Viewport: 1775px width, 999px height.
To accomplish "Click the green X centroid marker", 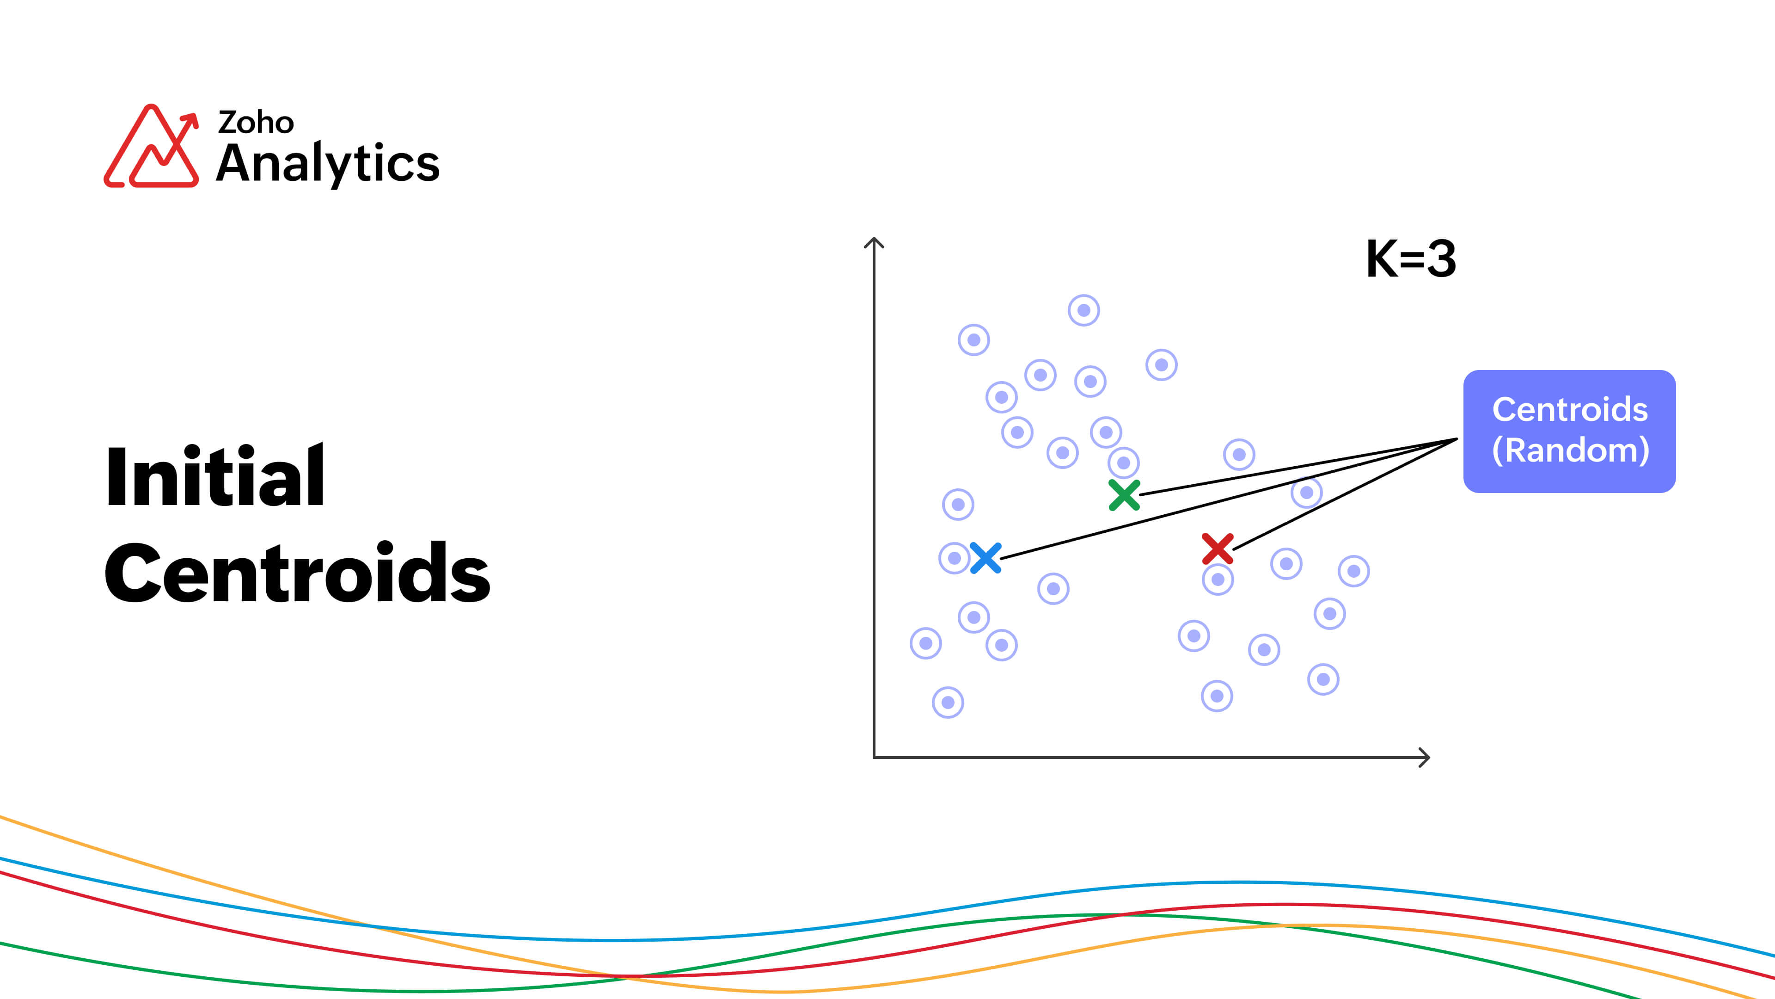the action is [1124, 495].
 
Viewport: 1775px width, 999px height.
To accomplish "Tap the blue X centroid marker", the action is [985, 558].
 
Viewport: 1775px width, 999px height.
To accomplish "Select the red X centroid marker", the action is [1218, 549].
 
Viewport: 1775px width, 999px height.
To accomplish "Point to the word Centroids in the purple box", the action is [1570, 409].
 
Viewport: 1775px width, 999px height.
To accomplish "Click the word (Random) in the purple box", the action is [1570, 450].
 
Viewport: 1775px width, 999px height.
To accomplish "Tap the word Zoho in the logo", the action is [256, 122].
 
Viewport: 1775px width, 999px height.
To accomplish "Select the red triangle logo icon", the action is [152, 146].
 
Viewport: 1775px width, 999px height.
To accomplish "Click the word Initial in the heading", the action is [215, 476].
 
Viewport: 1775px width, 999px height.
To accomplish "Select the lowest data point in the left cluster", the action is [948, 703].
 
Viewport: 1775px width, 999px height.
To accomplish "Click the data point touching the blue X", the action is [955, 558].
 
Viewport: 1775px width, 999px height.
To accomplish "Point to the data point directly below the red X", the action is [1218, 579].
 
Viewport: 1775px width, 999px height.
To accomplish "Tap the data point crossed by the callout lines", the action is [1306, 492].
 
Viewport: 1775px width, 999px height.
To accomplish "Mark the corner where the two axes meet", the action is [874, 758].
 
